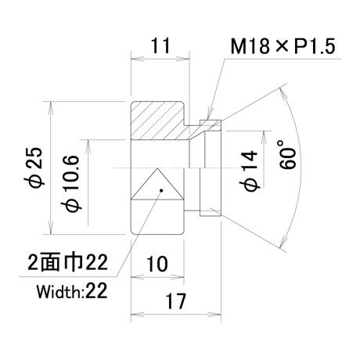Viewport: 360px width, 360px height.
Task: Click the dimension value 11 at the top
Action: [x=160, y=46]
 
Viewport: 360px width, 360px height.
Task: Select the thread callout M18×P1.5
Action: [x=283, y=46]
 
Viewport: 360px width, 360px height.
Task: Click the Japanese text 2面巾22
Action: [x=67, y=262]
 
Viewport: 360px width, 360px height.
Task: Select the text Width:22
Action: [x=72, y=291]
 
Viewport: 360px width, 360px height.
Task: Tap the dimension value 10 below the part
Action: [x=157, y=264]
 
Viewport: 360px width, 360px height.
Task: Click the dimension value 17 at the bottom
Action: [x=176, y=301]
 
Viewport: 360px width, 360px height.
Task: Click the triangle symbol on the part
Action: [x=157, y=184]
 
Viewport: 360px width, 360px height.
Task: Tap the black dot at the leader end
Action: [x=161, y=190]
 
